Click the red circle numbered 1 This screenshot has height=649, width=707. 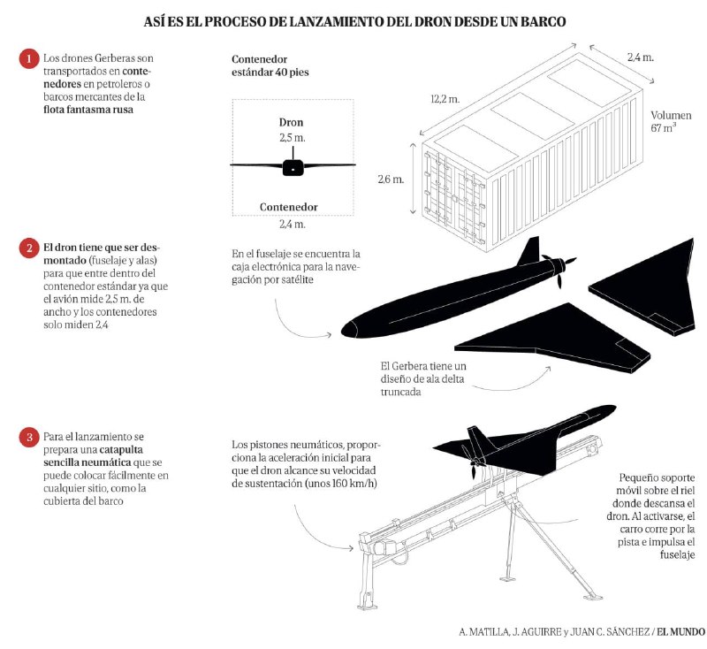click(x=29, y=59)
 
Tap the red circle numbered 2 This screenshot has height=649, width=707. click(x=29, y=248)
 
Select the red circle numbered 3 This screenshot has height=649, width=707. click(x=29, y=437)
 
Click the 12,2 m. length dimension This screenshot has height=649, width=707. click(x=445, y=99)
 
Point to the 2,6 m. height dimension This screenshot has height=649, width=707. click(x=391, y=179)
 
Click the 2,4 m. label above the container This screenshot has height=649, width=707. click(x=640, y=57)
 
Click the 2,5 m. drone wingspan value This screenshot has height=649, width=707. click(x=293, y=138)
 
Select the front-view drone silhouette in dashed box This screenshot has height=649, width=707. click(x=293, y=165)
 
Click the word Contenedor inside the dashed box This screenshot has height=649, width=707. click(x=289, y=207)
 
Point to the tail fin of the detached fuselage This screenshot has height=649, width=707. click(x=528, y=251)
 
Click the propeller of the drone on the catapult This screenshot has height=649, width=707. click(x=473, y=462)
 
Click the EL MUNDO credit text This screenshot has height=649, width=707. click(x=680, y=632)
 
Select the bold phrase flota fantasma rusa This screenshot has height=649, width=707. click(x=88, y=110)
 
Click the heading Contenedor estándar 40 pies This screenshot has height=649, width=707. click(x=270, y=65)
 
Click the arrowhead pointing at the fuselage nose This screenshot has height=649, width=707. click(x=330, y=334)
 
